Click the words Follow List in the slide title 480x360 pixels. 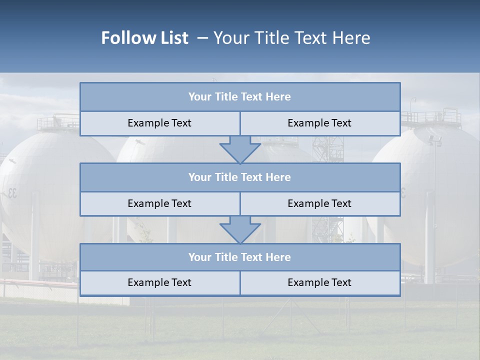144,38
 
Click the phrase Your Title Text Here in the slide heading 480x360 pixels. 291,38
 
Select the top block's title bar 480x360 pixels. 240,97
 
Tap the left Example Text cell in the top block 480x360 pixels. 159,123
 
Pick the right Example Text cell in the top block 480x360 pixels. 319,123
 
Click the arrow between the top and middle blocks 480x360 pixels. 240,149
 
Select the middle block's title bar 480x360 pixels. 240,177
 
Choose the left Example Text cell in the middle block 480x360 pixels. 159,203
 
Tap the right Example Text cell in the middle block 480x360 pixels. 319,203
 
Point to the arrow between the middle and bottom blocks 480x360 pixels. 240,229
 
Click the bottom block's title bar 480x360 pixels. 240,257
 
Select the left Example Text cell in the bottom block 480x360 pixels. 159,282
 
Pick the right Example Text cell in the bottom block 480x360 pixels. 319,282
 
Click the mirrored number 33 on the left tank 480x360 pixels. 11,193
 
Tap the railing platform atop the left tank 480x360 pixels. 57,121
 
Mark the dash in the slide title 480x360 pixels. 203,38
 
